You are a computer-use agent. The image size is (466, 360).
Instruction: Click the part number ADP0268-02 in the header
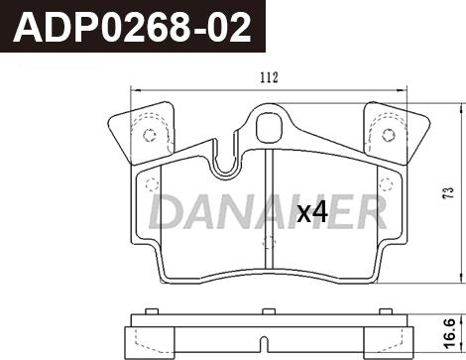132,27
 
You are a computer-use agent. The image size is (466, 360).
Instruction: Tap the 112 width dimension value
269,77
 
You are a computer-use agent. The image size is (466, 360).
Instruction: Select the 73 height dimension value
448,192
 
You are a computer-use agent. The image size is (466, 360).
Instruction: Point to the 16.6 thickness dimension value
450,333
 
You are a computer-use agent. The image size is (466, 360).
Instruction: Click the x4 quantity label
312,213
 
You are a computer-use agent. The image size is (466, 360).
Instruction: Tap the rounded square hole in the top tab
270,127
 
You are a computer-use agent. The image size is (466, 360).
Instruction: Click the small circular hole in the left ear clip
150,135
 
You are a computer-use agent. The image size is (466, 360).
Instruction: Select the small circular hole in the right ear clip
389,135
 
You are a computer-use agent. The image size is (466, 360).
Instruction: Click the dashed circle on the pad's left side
152,184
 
